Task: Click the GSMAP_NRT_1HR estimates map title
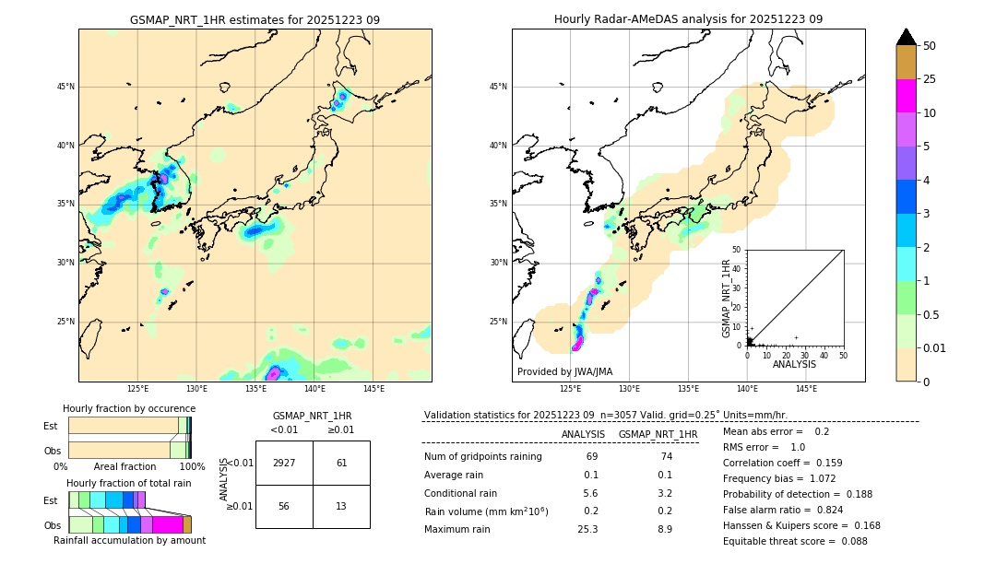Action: (255, 19)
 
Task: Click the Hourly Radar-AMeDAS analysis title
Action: (688, 19)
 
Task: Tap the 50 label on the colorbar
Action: (930, 46)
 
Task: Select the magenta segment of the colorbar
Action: (906, 96)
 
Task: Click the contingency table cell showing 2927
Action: (284, 463)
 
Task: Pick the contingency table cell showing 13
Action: (341, 506)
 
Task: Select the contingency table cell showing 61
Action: (341, 463)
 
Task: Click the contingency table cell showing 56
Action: (284, 506)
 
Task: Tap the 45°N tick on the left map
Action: (65, 87)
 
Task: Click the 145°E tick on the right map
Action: (806, 389)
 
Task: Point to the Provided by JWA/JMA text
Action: (564, 371)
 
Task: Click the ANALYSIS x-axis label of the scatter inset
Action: (794, 364)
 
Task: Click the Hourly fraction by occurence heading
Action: (129, 408)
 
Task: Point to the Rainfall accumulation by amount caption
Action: (129, 540)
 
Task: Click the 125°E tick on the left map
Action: (138, 389)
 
